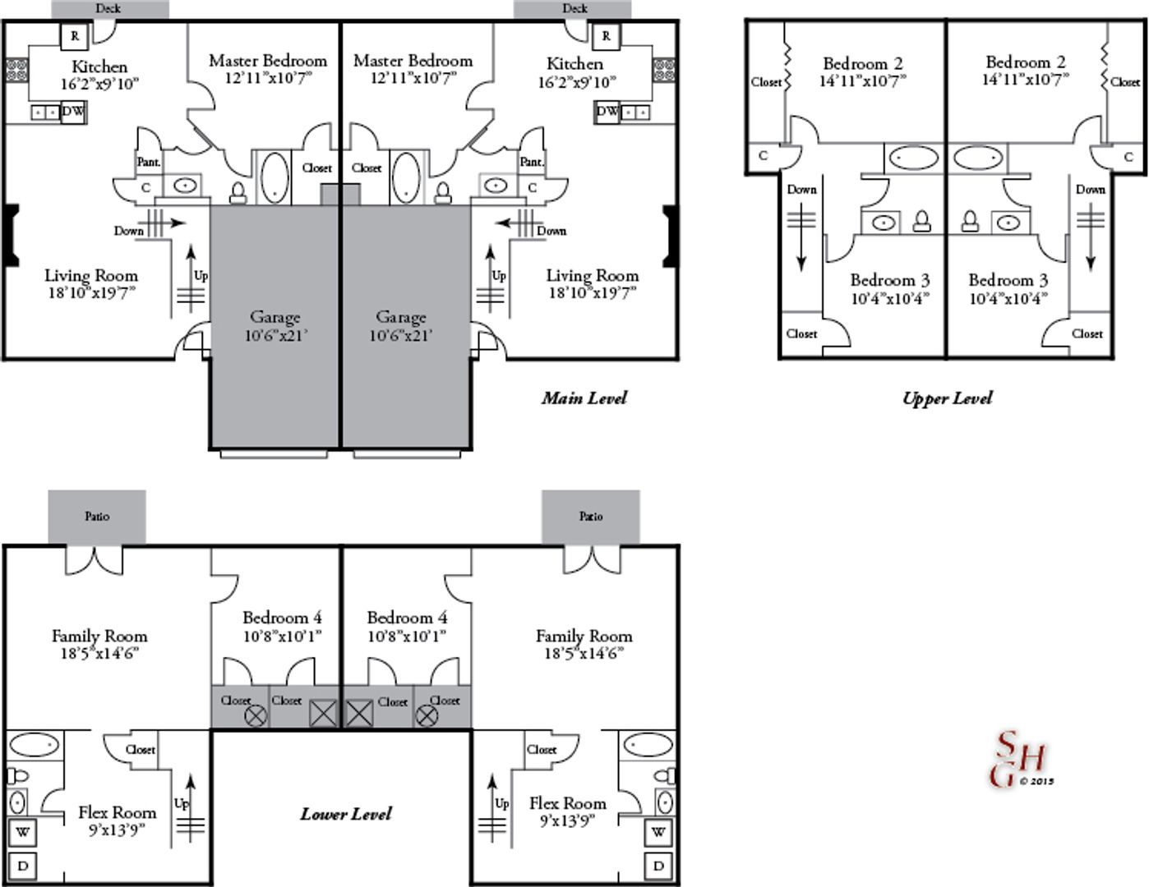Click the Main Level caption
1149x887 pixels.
tap(584, 398)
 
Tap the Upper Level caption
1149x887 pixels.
tap(947, 398)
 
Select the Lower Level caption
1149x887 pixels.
tap(346, 814)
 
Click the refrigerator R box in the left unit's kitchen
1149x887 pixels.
tap(75, 36)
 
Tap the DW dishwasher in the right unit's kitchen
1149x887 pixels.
tap(607, 112)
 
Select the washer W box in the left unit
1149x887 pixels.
tap(22, 833)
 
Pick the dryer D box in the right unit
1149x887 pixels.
tap(658, 866)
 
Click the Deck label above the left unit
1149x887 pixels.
tap(108, 8)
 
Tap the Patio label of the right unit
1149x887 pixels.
tap(591, 516)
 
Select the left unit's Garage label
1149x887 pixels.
tap(275, 325)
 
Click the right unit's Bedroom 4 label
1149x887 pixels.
tap(407, 627)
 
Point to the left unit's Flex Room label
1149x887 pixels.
tap(117, 821)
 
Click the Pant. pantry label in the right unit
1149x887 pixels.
tap(532, 162)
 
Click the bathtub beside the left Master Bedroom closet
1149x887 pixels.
tap(275, 177)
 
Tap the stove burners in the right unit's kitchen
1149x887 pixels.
tap(664, 71)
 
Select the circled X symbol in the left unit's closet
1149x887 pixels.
tap(256, 716)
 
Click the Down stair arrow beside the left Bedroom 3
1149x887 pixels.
tap(801, 237)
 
